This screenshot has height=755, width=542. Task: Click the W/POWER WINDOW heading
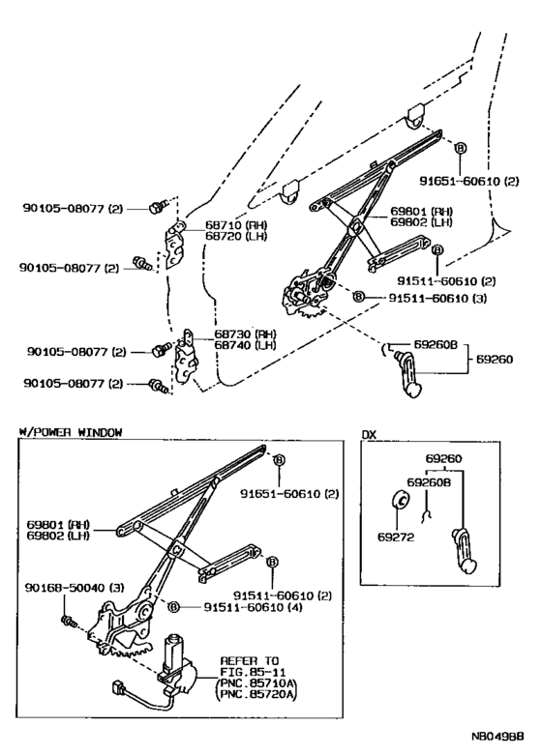[x=70, y=432]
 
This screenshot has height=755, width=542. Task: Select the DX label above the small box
[x=369, y=434]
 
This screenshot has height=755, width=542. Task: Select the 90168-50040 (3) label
[x=58, y=589]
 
